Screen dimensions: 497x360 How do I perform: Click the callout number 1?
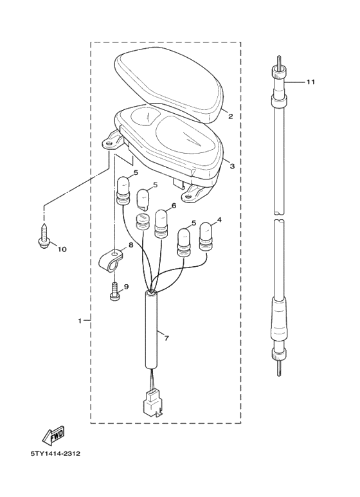pyautogui.click(x=80, y=320)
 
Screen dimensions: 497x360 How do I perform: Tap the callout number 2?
pyautogui.click(x=231, y=116)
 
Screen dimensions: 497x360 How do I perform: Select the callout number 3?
pyautogui.click(x=232, y=166)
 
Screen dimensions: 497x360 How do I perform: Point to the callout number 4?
pyautogui.click(x=219, y=220)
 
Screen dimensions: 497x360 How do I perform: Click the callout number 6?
pyautogui.click(x=174, y=206)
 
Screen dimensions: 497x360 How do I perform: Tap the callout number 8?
pyautogui.click(x=130, y=245)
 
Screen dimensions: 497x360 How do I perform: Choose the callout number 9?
pyautogui.click(x=126, y=287)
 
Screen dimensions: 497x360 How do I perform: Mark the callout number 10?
pyautogui.click(x=62, y=248)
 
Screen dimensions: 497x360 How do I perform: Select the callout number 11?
pyautogui.click(x=310, y=82)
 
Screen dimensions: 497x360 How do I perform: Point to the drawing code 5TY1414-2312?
pyautogui.click(x=55, y=453)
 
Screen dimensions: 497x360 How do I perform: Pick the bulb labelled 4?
pyautogui.click(x=206, y=236)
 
